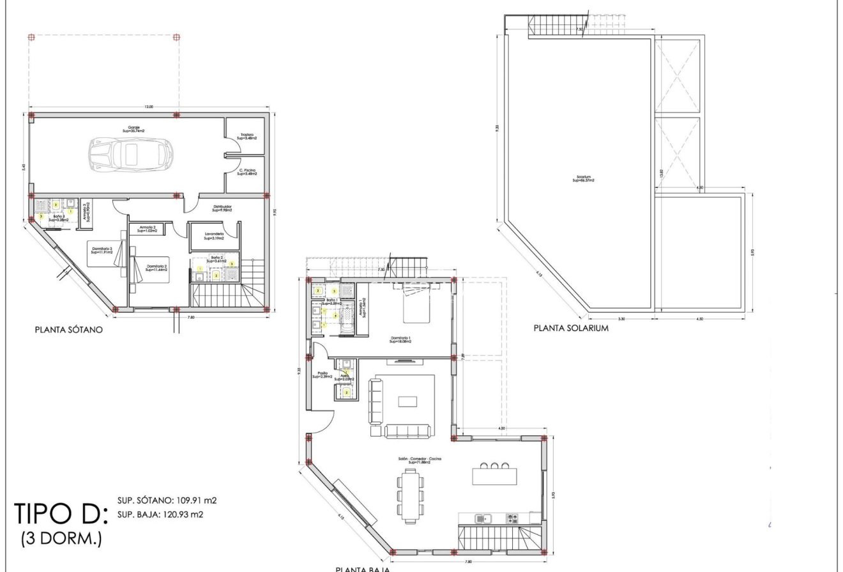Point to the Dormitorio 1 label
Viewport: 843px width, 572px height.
400,339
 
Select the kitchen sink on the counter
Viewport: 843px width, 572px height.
483,518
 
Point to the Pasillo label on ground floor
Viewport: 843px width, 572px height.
320,375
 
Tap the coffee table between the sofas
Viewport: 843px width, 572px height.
407,401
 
